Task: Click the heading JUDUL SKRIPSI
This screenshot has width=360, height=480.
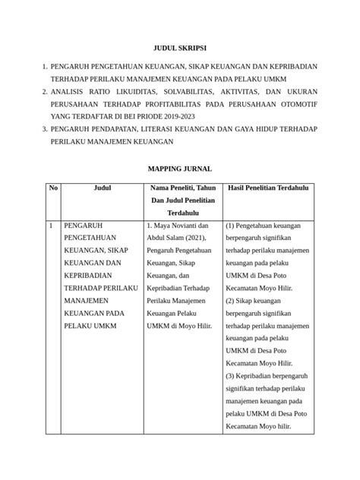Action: [180, 47]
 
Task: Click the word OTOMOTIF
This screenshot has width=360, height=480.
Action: [296, 103]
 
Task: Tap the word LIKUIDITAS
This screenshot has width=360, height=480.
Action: [115, 90]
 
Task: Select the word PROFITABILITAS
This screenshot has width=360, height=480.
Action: [176, 103]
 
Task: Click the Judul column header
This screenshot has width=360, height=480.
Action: [101, 187]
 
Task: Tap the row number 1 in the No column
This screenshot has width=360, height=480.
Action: [50, 226]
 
